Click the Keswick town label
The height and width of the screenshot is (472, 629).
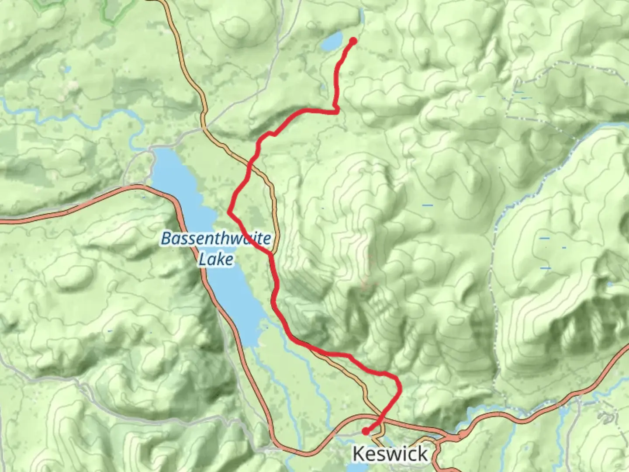[390, 454]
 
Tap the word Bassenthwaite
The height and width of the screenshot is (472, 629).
[216, 239]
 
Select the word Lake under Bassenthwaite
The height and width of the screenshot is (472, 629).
[216, 260]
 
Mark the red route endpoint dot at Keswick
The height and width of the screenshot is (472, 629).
[365, 431]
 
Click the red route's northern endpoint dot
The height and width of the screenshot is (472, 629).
[353, 41]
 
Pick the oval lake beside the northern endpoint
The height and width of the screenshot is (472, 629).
[332, 42]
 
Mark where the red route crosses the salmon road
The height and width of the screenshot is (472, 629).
[378, 422]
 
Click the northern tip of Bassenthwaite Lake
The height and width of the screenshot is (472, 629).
[157, 151]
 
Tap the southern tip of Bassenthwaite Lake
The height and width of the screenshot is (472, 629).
[250, 345]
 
